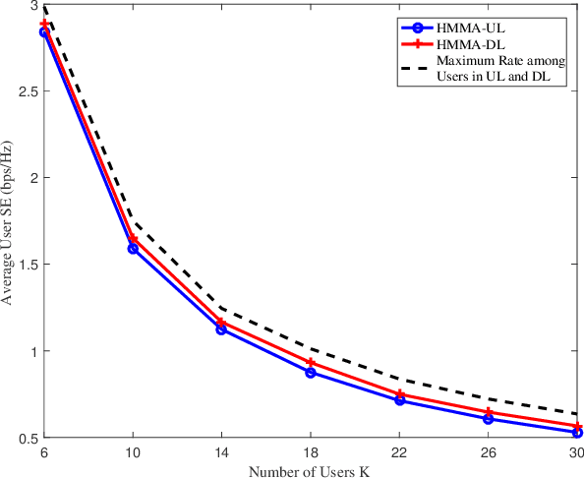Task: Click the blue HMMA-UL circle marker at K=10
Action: (133, 249)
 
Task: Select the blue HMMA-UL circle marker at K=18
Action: (311, 372)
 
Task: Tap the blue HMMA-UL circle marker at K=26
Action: (489, 419)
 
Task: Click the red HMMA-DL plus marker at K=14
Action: (222, 323)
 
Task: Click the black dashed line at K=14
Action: (222, 308)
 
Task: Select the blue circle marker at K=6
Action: (44, 32)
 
